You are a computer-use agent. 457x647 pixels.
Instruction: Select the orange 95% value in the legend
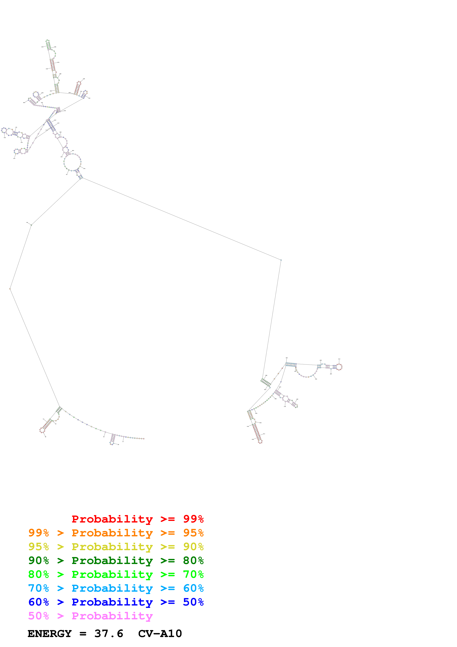(193, 533)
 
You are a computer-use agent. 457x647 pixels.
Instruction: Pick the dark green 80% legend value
(193, 560)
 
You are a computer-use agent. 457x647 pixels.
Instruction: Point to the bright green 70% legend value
(193, 574)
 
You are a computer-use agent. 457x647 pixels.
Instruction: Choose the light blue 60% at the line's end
(193, 588)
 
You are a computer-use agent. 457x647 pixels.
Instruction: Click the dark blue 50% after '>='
(193, 602)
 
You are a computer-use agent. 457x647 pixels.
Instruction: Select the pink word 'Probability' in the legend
(112, 616)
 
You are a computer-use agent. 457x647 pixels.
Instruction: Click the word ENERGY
(50, 634)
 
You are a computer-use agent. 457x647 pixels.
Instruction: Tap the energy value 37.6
(109, 634)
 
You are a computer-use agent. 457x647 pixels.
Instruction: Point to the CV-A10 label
(160, 634)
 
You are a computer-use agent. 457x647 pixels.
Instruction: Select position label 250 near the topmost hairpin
(43, 47)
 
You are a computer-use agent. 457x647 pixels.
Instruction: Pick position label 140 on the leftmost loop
(4, 138)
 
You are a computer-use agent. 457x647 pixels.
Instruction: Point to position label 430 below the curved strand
(316, 379)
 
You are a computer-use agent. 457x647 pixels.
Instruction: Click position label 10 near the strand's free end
(123, 442)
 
